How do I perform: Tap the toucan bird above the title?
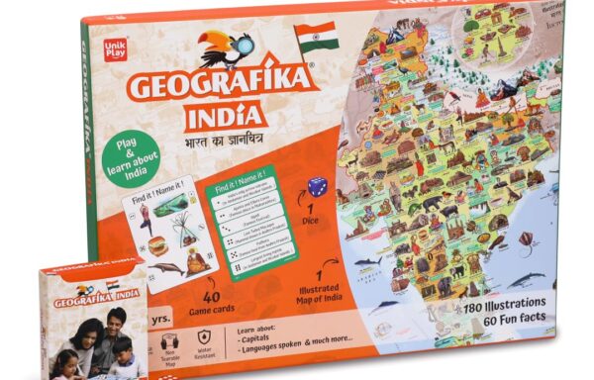[220, 47]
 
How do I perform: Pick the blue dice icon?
[317, 187]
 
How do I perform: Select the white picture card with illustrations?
[170, 237]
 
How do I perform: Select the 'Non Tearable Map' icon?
[168, 339]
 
